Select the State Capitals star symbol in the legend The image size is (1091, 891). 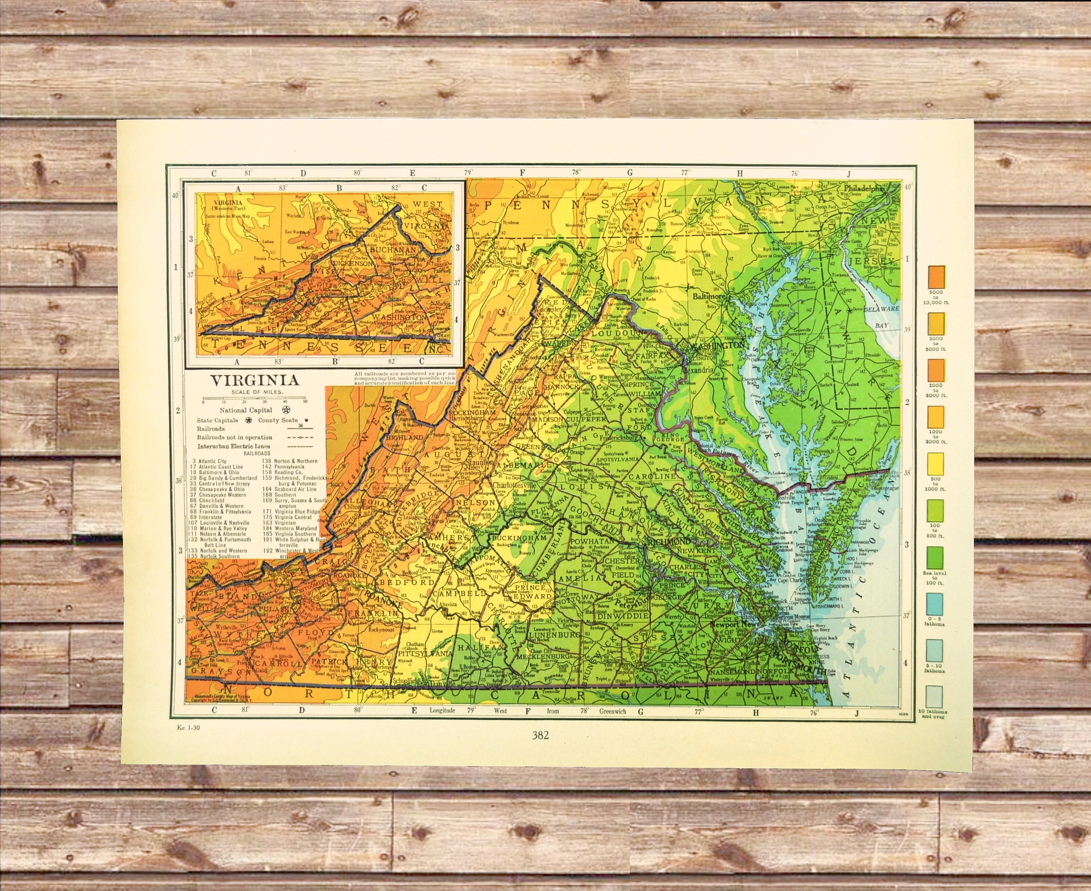248,420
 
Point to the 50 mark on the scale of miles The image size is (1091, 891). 305,402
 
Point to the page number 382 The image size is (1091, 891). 540,735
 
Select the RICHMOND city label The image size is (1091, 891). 669,542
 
